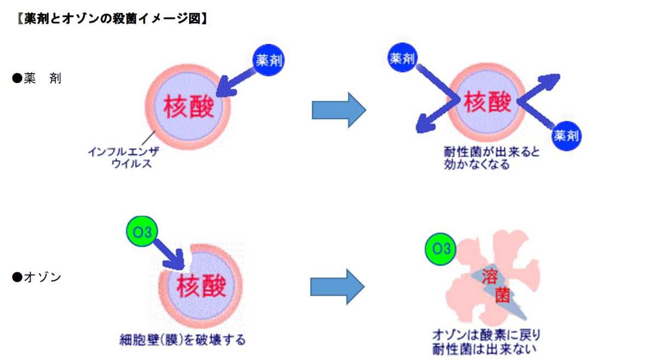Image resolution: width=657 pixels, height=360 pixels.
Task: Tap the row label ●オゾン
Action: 37,277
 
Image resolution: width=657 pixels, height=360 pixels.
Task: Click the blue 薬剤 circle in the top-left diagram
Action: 269,61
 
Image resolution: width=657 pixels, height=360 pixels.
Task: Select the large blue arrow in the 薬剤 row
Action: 338,109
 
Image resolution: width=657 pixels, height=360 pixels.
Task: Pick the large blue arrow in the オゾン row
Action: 337,286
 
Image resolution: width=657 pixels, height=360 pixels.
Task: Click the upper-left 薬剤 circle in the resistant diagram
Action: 403,58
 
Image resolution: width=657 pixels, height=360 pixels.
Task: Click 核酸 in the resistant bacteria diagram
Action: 487,102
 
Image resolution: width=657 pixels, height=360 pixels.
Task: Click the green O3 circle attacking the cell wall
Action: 142,232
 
